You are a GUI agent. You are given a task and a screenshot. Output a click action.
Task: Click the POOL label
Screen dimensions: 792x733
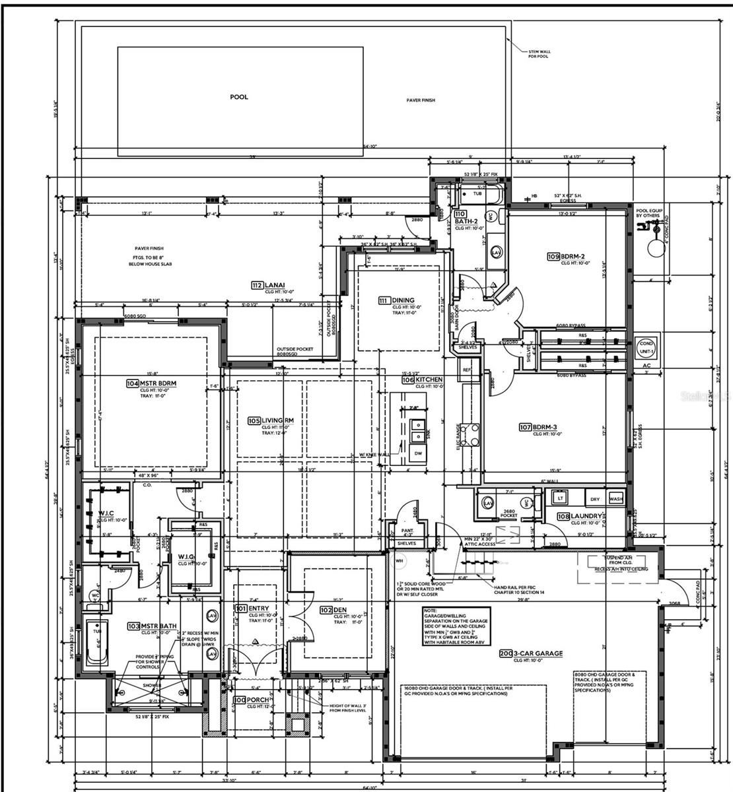(239, 97)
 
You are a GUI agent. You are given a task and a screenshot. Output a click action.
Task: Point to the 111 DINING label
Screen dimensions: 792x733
(396, 300)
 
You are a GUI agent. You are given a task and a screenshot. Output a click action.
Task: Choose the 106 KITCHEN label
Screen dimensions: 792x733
(422, 380)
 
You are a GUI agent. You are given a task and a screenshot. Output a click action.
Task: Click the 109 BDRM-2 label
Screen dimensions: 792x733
(566, 256)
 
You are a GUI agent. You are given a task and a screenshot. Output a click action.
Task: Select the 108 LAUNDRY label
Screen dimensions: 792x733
(580, 516)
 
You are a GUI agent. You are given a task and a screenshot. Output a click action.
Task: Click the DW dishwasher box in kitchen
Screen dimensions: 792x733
(418, 453)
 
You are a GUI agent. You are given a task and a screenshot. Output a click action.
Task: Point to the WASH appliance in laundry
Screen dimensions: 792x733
(615, 500)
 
